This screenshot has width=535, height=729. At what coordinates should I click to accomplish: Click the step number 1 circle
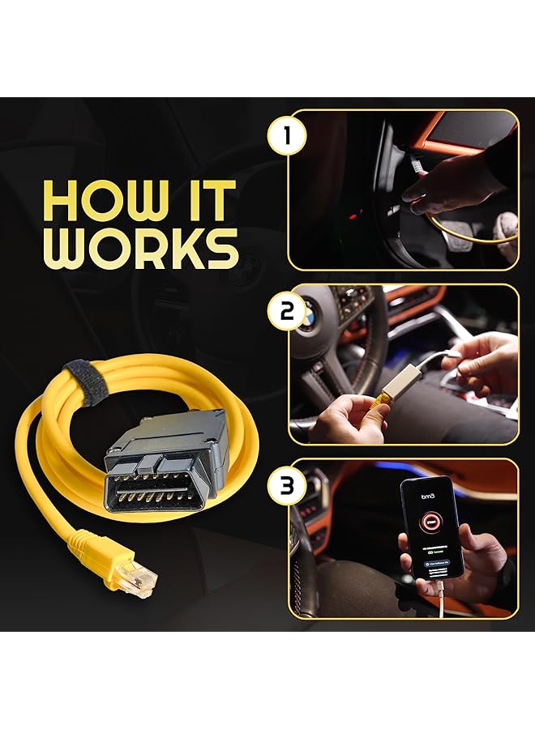coord(286,135)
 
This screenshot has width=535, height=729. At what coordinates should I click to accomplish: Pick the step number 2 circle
coord(286,312)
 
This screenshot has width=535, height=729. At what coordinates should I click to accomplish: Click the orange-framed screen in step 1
coord(471,130)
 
